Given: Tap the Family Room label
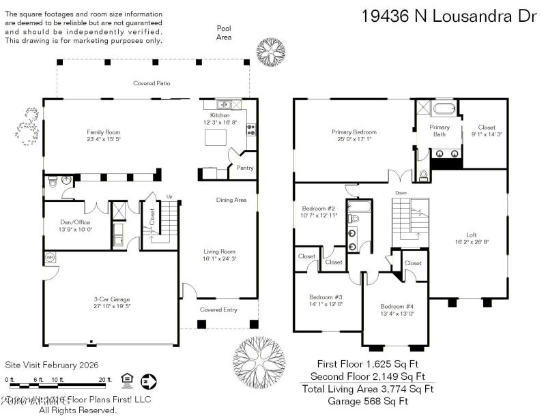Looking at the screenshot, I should tap(103, 132).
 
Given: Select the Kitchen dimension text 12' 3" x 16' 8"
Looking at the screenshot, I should tap(220, 123).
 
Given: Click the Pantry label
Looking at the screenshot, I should tap(244, 167).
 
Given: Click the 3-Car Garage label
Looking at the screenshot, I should tap(111, 299).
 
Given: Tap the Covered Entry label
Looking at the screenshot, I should tap(218, 310).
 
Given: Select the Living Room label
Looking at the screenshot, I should tap(218, 251).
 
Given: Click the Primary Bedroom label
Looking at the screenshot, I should tap(355, 132).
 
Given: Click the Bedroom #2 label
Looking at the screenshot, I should tap(319, 208).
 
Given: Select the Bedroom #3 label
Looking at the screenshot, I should tap(326, 297).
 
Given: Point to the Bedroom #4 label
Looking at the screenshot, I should tap(397, 306).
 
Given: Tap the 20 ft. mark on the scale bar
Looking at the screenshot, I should tap(104, 379).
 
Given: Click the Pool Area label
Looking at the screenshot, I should tap(224, 32).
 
